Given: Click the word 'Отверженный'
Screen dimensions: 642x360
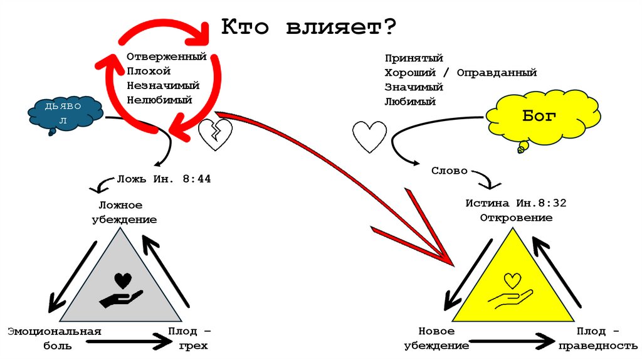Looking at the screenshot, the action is pos(166,57).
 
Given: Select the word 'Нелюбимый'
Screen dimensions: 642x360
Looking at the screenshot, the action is pos(159,99).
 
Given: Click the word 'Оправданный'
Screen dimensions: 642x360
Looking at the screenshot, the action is pos(497,73).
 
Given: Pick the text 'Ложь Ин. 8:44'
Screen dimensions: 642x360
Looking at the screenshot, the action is pos(164,179).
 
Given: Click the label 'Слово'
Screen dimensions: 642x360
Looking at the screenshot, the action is pos(449,171).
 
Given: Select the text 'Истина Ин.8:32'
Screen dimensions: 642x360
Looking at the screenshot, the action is pos(516,204).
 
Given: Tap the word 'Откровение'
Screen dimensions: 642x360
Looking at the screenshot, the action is pos(516,218).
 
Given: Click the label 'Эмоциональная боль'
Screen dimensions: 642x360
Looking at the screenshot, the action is pos(54,337).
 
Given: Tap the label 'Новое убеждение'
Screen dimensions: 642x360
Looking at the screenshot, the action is pos(437,337).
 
